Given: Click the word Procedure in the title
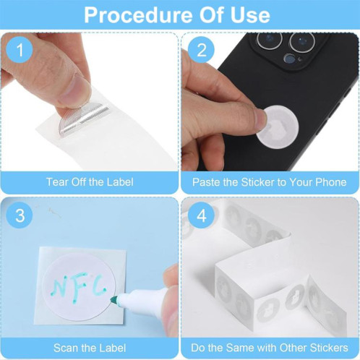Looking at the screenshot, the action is [139, 15].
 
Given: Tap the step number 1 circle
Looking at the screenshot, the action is [20, 50].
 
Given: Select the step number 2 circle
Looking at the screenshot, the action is [201, 50].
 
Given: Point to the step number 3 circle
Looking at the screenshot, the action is [20, 215].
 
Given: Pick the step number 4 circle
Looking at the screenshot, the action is [201, 215].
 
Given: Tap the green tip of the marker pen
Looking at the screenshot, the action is [113, 300].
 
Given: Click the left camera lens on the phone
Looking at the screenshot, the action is [270, 39].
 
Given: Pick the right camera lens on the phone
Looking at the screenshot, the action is [302, 43].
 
